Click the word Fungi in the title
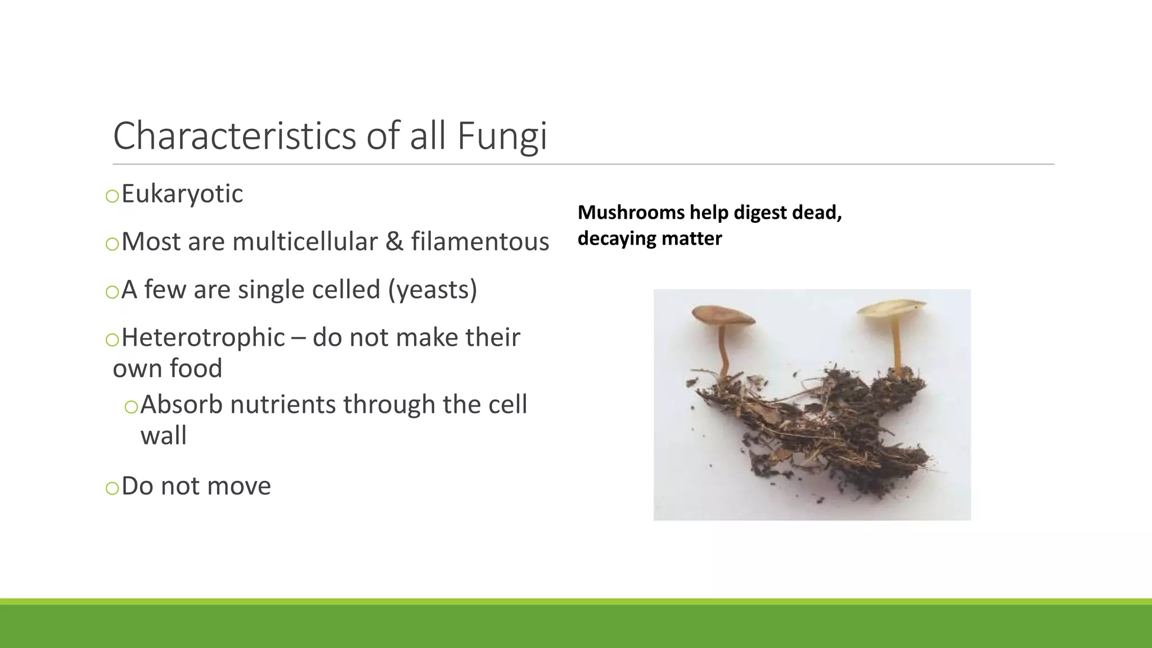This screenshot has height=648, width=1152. (x=502, y=137)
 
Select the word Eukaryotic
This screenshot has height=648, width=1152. (x=182, y=194)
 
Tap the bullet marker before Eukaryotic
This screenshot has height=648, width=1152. (x=112, y=196)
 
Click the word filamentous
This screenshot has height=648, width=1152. (x=480, y=242)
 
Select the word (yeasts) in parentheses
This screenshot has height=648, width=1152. (x=433, y=290)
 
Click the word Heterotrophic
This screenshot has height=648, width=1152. (x=203, y=337)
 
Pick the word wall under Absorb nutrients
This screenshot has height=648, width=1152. (x=163, y=436)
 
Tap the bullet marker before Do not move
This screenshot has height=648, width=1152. (x=112, y=488)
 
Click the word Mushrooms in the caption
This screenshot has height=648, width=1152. (x=631, y=213)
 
